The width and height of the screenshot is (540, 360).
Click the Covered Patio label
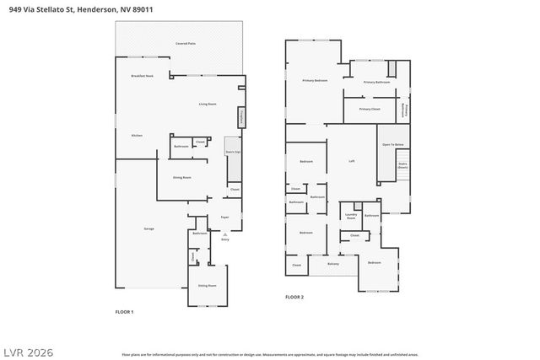(x=186, y=42)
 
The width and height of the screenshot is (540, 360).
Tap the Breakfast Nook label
(x=142, y=76)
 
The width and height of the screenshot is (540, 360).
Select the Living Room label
(x=208, y=104)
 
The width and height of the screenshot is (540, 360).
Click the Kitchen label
(x=137, y=135)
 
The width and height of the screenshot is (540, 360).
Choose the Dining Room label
(x=181, y=178)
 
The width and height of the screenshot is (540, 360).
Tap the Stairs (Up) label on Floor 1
(x=233, y=153)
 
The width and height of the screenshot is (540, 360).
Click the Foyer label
(x=224, y=218)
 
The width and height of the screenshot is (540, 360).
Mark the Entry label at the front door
(x=224, y=239)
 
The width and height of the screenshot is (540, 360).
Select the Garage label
(x=148, y=228)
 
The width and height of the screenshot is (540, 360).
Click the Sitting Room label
(x=207, y=286)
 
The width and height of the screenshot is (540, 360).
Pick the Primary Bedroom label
(x=315, y=80)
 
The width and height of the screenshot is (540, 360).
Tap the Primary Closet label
(x=370, y=109)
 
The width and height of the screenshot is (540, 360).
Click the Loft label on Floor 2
(x=352, y=160)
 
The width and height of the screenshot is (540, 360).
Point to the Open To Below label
(x=392, y=145)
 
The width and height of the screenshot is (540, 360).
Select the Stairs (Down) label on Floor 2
(x=402, y=165)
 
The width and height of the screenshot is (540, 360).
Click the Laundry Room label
(x=352, y=216)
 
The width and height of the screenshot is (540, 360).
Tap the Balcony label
(x=333, y=264)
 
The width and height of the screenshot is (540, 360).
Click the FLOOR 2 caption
(x=294, y=297)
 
